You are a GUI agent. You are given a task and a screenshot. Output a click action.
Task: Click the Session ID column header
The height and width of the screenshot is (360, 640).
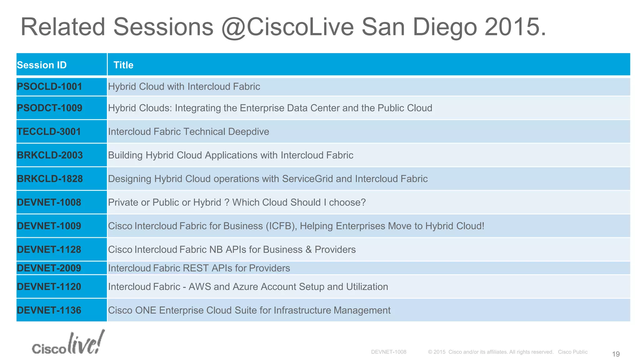pyautogui.click(x=42, y=65)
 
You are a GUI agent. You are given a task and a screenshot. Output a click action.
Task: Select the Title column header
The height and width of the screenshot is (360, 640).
pyautogui.click(x=123, y=65)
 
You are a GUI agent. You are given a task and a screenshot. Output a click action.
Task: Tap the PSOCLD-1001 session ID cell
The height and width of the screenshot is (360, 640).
pyautogui.click(x=49, y=87)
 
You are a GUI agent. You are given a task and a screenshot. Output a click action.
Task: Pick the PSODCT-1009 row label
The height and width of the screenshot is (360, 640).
pyautogui.click(x=49, y=108)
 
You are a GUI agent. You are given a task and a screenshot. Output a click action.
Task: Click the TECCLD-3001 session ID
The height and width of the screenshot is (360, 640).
pyautogui.click(x=49, y=132)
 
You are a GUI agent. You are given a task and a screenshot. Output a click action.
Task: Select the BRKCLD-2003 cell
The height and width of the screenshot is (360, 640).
pyautogui.click(x=50, y=155)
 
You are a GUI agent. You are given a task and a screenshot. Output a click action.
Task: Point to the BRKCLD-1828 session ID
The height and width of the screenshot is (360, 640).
pyautogui.click(x=50, y=179)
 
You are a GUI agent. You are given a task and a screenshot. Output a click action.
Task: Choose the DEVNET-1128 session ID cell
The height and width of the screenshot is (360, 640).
pyautogui.click(x=49, y=250)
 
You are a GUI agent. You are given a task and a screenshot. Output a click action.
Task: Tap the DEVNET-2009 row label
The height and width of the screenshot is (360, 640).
pyautogui.click(x=49, y=268)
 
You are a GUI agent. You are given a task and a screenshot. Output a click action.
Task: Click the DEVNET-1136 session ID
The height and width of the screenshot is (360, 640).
pyautogui.click(x=49, y=310)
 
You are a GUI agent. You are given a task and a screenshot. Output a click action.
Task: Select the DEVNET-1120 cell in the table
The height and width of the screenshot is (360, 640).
pyautogui.click(x=49, y=287)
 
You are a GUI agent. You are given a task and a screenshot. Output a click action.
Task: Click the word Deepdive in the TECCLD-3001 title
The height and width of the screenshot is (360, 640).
pyautogui.click(x=248, y=132)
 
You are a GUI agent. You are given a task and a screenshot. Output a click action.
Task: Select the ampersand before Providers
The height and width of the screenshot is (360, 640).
pyautogui.click(x=308, y=250)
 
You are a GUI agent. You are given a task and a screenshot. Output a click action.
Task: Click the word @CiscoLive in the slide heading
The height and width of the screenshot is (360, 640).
pyautogui.click(x=287, y=27)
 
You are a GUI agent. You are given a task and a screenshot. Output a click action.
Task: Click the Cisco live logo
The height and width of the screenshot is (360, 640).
pyautogui.click(x=68, y=343)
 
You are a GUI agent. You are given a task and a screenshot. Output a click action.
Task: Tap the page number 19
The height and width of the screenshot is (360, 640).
pyautogui.click(x=616, y=354)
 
